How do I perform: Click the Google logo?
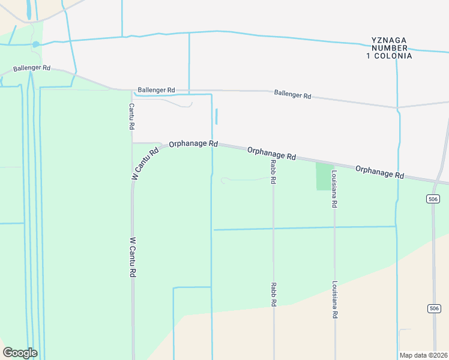20,353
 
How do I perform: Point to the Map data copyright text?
423,355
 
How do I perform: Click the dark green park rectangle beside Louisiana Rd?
325,176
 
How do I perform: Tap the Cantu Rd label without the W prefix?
131,116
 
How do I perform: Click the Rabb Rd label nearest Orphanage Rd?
273,171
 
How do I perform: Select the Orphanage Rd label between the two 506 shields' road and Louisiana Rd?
379,172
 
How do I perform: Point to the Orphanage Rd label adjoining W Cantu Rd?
193,144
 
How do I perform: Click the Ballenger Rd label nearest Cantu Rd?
156,90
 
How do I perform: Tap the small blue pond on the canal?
36,44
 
